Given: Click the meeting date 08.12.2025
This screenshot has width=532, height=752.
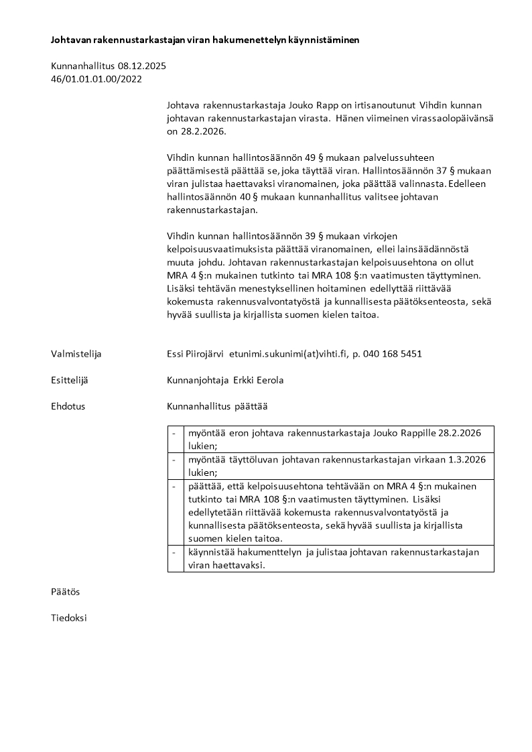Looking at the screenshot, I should [142, 66].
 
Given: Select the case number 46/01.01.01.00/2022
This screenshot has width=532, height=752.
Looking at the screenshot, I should [96, 78].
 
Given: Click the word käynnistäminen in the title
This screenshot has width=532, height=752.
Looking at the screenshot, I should [326, 40].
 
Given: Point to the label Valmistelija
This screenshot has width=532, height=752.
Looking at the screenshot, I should [76, 354].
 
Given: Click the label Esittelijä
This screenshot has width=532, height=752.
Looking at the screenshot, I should [70, 380].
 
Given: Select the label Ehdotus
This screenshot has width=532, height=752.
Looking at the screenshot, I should [68, 406].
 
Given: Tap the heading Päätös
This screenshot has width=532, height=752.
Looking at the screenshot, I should [66, 592].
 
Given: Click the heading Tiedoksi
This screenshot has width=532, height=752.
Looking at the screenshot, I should [69, 618].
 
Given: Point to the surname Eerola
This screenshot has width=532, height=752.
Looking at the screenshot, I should [269, 380].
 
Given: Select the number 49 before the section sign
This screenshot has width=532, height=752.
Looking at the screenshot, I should [311, 158].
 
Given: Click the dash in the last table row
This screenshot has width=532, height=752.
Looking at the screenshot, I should [174, 552].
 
